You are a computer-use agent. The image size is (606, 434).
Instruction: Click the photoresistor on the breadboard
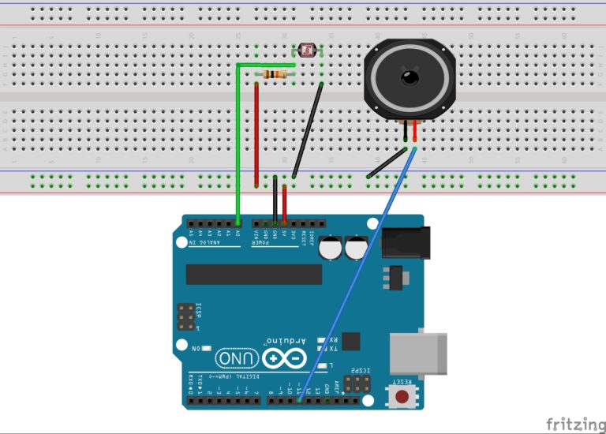(x=307, y=50)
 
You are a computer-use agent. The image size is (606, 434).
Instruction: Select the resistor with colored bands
(x=275, y=74)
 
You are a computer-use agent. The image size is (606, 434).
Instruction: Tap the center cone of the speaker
(x=410, y=77)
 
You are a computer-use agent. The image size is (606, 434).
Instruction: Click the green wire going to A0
(x=238, y=142)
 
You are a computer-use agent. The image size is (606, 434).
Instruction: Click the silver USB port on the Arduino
(x=418, y=352)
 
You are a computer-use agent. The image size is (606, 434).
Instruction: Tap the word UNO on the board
(x=233, y=358)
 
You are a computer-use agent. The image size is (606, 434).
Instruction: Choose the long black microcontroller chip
(x=254, y=274)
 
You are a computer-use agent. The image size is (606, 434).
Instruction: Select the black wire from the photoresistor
(x=307, y=130)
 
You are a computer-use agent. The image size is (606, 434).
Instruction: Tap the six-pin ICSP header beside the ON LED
(x=186, y=316)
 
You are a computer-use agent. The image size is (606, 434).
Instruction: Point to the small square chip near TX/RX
(x=350, y=340)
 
